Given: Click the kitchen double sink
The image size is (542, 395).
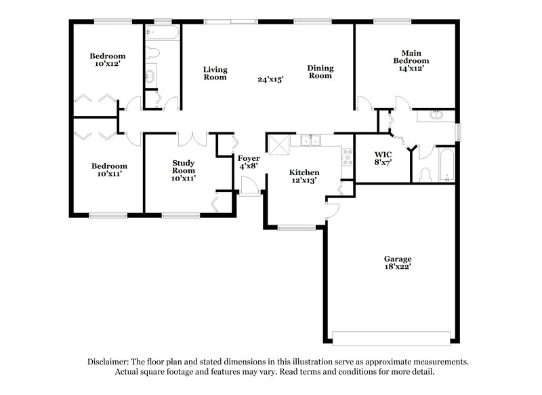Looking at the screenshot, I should pyautogui.click(x=311, y=140).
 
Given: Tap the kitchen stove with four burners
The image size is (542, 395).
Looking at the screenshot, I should pyautogui.click(x=347, y=157).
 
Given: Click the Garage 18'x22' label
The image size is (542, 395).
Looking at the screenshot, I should pyautogui.click(x=398, y=263).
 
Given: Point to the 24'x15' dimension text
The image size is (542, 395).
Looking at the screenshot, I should pyautogui.click(x=270, y=79).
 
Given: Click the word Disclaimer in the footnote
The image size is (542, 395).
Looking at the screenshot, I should pyautogui.click(x=110, y=362).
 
